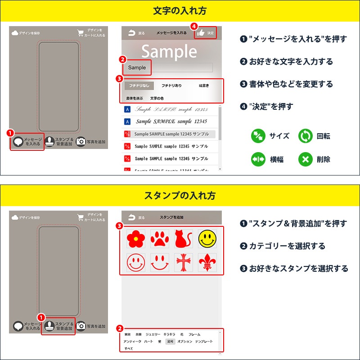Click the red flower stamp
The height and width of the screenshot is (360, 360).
[135, 239]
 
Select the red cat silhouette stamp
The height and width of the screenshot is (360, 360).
[184, 239]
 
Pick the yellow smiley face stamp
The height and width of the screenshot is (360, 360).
[207, 239]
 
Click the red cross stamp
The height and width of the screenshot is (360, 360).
[184, 263]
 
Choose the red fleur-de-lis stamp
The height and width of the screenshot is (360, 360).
[207, 263]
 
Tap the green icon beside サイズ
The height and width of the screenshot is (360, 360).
[258, 136]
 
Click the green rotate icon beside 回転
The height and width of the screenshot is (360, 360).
[306, 136]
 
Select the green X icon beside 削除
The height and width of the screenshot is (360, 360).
[306, 159]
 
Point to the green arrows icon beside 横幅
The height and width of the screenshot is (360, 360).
[258, 159]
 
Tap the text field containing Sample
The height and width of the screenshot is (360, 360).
[170, 67]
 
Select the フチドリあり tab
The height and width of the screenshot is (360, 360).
[171, 85]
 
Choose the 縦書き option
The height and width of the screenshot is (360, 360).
[204, 85]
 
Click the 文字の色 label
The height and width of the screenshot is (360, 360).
[157, 98]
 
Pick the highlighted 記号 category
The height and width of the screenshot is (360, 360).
[170, 342]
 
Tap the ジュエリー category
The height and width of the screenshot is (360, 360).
[153, 334]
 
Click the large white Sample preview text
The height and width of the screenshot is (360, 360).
[169, 52]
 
